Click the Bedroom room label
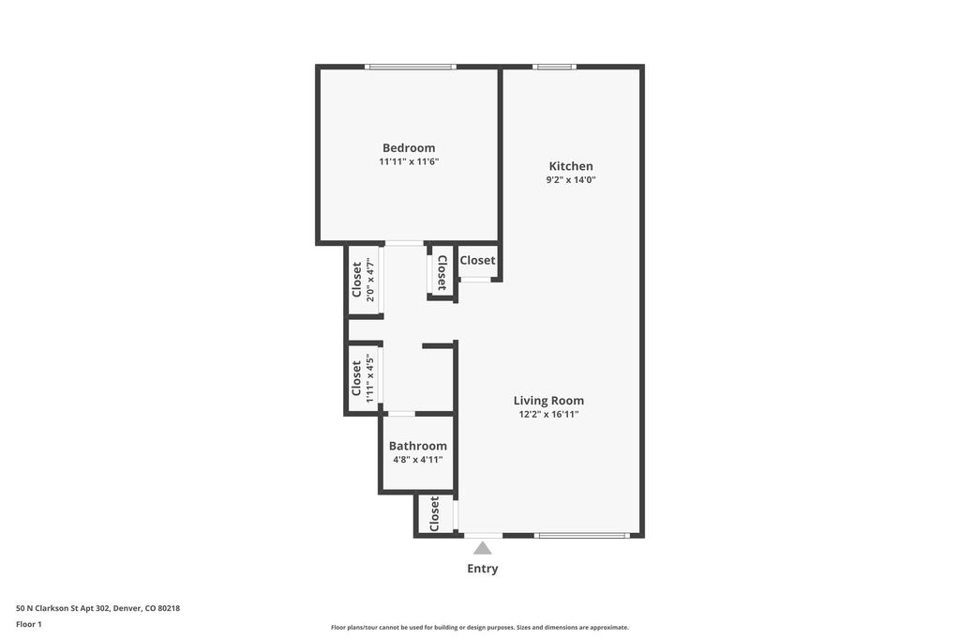pyautogui.click(x=409, y=147)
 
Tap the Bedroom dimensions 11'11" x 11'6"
pyautogui.click(x=409, y=161)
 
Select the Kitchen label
pyautogui.click(x=571, y=166)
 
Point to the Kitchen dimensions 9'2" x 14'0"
pyautogui.click(x=571, y=179)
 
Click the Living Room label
pyautogui.click(x=548, y=401)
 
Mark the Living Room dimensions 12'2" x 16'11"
pyautogui.click(x=548, y=415)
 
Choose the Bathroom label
pyautogui.click(x=417, y=447)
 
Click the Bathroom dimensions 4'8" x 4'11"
pyautogui.click(x=417, y=460)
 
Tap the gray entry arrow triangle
pyautogui.click(x=483, y=548)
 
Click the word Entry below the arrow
pyautogui.click(x=483, y=569)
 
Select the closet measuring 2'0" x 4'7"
pyautogui.click(x=365, y=281)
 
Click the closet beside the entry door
pyautogui.click(x=435, y=513)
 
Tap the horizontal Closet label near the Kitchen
pyautogui.click(x=477, y=261)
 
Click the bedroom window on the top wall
pyautogui.click(x=411, y=67)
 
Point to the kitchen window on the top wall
pyautogui.click(x=554, y=67)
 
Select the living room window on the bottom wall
pyautogui.click(x=581, y=535)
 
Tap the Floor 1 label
pyautogui.click(x=29, y=625)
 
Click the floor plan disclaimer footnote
pyautogui.click(x=480, y=627)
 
